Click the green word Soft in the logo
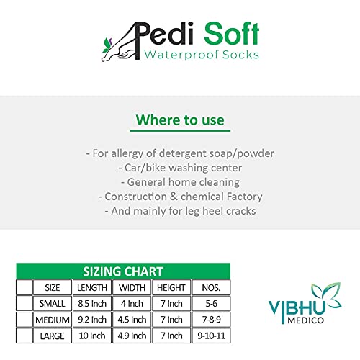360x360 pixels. (231, 33)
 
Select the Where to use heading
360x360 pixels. (180, 120)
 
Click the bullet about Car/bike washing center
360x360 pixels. (180, 168)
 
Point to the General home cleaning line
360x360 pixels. (180, 182)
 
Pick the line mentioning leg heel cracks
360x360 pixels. (180, 211)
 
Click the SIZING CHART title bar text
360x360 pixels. (123, 271)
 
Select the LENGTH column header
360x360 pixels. (92, 287)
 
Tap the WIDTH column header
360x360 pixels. (132, 287)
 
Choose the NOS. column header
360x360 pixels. (211, 287)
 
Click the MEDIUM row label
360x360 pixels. (53, 320)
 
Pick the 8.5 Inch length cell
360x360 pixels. (92, 304)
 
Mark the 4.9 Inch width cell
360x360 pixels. (132, 336)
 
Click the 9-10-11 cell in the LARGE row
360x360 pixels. (211, 336)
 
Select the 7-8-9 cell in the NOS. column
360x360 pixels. (211, 320)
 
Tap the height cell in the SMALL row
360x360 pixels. (171, 304)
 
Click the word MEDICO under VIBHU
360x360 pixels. (306, 320)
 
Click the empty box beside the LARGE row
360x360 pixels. (24, 336)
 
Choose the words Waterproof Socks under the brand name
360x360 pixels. (202, 55)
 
